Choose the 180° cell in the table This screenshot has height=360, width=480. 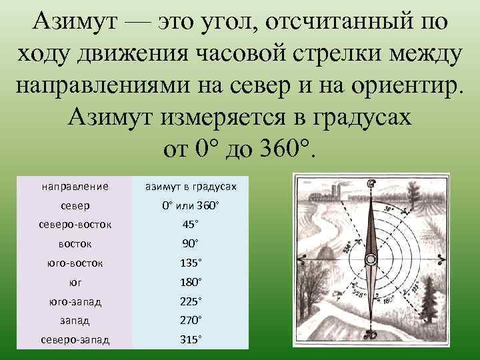[x=190, y=282]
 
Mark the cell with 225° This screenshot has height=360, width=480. [x=190, y=301]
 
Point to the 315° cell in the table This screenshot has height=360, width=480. [x=190, y=340]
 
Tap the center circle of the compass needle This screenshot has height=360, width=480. [x=370, y=259]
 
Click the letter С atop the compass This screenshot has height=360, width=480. [x=371, y=184]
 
